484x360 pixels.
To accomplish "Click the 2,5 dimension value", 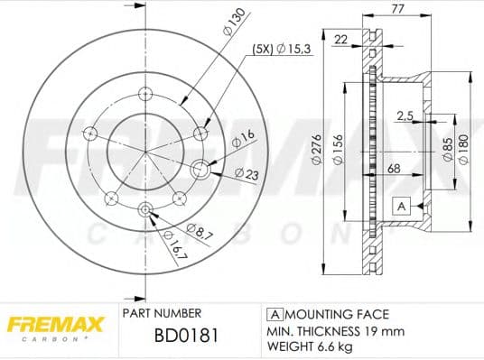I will click(x=405, y=115).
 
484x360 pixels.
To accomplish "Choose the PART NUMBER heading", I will click(x=161, y=314).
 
